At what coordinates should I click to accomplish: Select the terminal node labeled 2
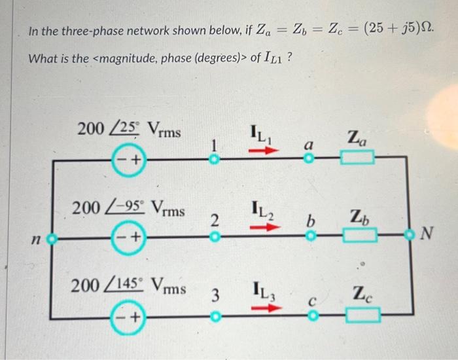click(x=213, y=238)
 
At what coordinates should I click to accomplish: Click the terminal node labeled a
click(x=311, y=158)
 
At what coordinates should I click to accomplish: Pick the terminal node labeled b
click(x=311, y=238)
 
